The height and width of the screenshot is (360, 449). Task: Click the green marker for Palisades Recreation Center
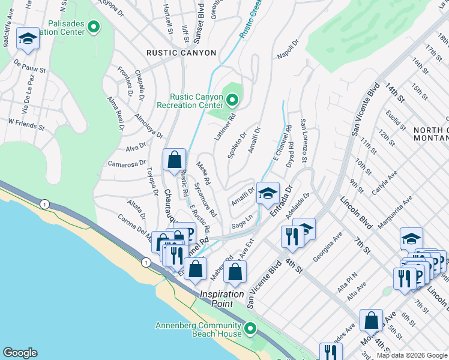tap(94, 26)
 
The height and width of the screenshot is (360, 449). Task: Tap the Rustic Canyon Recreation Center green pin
tap(232, 100)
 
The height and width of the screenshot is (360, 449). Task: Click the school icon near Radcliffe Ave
tap(27, 40)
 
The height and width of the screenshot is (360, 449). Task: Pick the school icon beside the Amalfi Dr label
tap(268, 194)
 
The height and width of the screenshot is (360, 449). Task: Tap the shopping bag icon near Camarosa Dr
tap(174, 161)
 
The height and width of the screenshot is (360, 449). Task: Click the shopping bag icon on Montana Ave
tap(372, 321)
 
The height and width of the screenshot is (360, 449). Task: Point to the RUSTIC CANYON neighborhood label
tap(181, 53)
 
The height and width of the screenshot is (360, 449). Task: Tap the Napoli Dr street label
tap(288, 50)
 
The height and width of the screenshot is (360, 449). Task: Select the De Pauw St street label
tap(29, 66)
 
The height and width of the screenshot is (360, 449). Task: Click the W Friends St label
tap(26, 124)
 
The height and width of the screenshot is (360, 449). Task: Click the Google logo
tap(20, 353)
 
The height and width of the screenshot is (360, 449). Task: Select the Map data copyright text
tap(412, 355)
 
